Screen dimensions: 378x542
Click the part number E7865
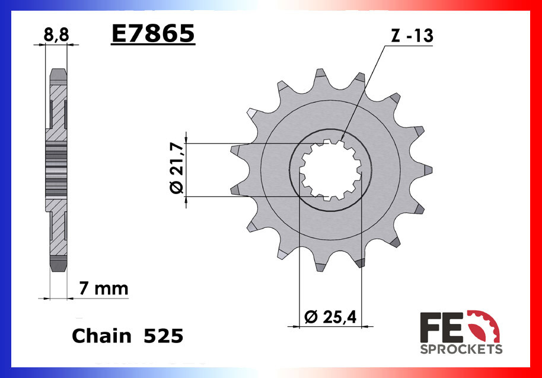152,34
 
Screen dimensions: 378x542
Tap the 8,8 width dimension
56,35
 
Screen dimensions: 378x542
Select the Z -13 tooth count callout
412,36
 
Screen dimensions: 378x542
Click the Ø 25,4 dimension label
330,317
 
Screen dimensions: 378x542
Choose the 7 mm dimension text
104,289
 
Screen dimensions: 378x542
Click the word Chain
101,336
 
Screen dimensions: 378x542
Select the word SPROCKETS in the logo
461,349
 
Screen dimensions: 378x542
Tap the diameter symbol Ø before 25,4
310,317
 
